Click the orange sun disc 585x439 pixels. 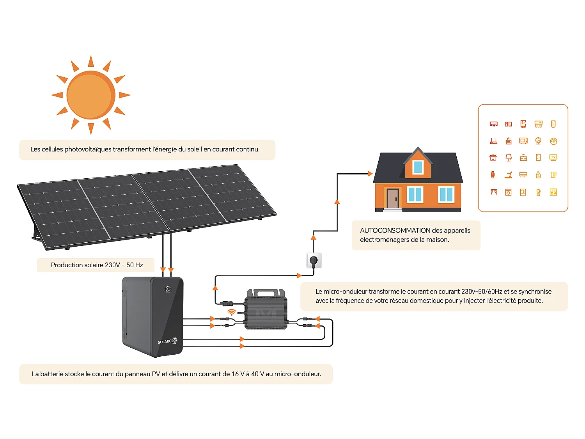tap(91, 95)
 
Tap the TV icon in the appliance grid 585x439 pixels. tap(553, 157)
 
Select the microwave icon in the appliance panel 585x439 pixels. tap(523, 140)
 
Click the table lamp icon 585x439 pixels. tap(508, 157)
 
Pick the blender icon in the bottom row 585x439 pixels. tap(538, 192)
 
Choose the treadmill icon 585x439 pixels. tap(508, 175)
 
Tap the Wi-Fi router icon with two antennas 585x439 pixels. tap(493, 140)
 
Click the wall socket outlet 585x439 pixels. tap(314, 260)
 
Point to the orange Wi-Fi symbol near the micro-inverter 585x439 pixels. tap(232, 312)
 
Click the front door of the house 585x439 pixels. tap(393, 198)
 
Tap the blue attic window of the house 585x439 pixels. tap(418, 167)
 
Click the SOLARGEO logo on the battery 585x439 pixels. tap(167, 341)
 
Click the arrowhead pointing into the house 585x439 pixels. tap(370, 174)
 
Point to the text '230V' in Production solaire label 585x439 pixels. tap(112, 265)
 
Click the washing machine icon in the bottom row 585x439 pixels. tap(508, 192)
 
